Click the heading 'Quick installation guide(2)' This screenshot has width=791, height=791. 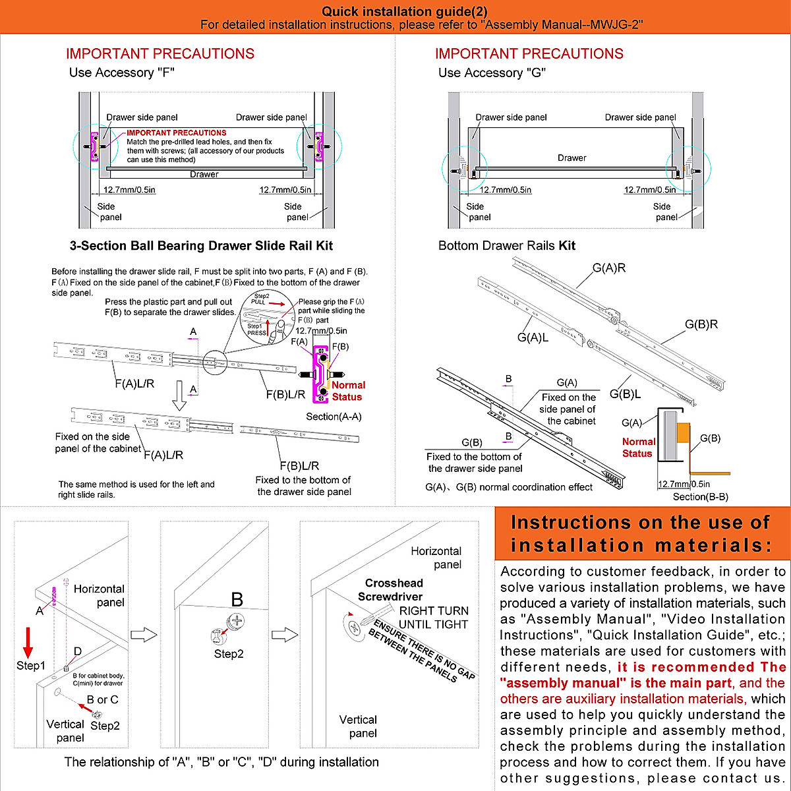(x=405, y=11)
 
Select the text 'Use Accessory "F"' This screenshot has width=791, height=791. (x=122, y=73)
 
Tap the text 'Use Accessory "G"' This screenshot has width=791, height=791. (x=492, y=73)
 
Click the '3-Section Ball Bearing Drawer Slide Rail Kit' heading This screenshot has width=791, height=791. (x=201, y=246)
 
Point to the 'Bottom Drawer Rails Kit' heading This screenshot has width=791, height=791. (x=506, y=246)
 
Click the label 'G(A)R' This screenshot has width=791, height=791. (x=608, y=268)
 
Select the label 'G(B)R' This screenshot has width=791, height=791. (x=701, y=324)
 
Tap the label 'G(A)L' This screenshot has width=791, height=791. (x=533, y=338)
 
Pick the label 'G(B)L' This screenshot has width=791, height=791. (x=625, y=394)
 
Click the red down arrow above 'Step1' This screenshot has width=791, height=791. (x=28, y=643)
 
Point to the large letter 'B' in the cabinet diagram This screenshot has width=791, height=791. (x=237, y=600)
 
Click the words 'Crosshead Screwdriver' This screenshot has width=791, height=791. (x=392, y=590)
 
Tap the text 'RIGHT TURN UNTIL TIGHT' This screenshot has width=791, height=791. (x=433, y=618)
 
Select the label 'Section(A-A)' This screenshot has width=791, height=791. (x=334, y=417)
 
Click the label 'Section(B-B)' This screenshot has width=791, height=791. (x=700, y=497)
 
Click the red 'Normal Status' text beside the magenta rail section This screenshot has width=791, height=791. (x=347, y=391)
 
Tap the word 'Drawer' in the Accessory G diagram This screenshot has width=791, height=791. (x=571, y=158)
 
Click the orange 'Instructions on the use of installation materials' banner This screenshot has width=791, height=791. (x=641, y=534)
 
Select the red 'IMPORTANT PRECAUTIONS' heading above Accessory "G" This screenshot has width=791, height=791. (x=529, y=54)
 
